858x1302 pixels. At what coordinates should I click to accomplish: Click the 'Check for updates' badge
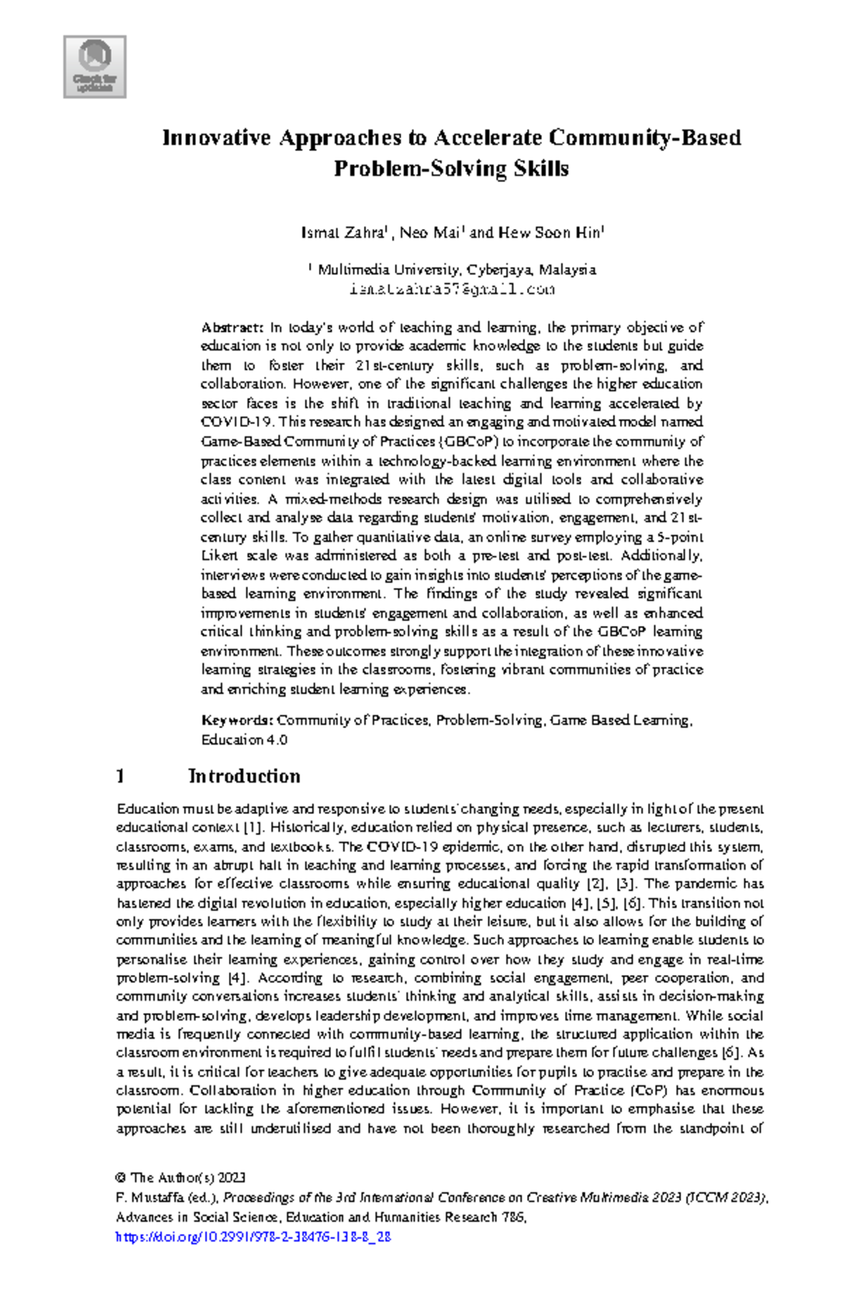(x=94, y=67)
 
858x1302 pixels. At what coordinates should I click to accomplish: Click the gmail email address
(x=452, y=289)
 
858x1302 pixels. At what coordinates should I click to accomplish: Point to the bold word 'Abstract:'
(x=233, y=328)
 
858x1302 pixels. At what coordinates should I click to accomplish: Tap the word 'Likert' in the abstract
(x=219, y=556)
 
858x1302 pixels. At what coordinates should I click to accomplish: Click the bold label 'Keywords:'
(x=237, y=720)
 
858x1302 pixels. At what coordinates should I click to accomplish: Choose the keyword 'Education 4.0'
(x=244, y=740)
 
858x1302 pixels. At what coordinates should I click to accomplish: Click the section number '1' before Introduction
(x=121, y=776)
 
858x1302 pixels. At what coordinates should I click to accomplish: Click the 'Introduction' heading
(x=244, y=776)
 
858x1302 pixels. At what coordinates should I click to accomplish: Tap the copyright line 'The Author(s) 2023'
(x=188, y=1178)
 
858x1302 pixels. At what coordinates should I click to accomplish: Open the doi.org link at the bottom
(x=253, y=1237)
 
